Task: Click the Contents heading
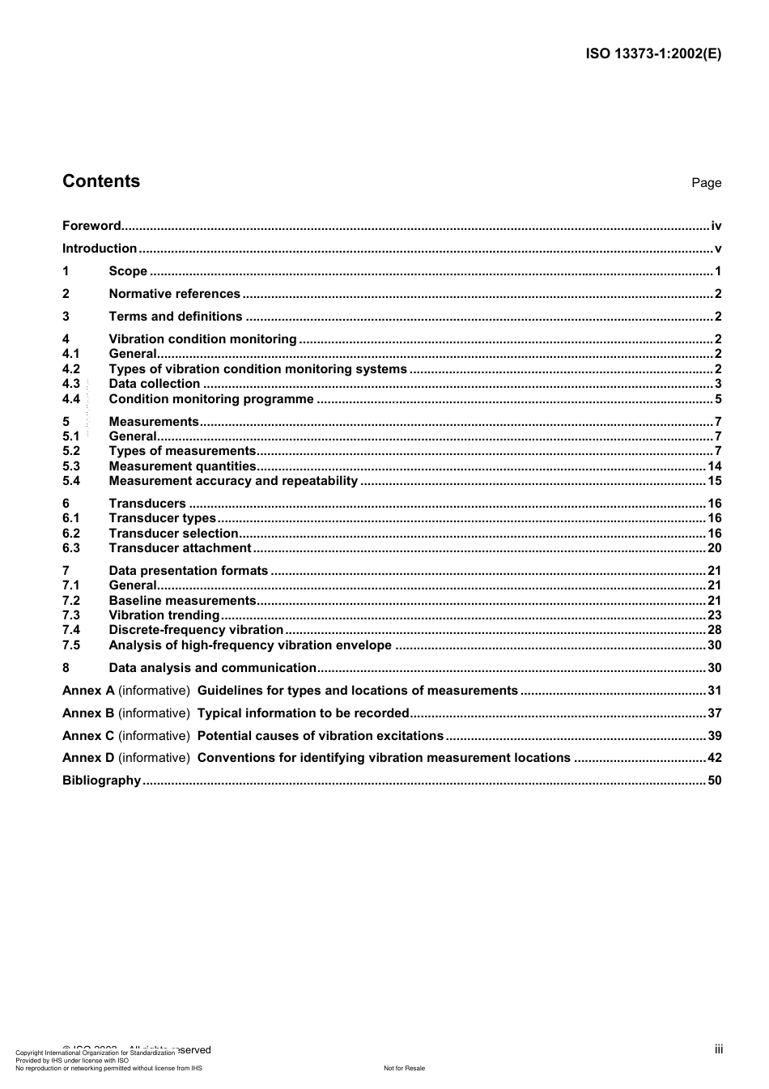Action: tap(101, 181)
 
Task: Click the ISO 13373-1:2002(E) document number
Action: tap(653, 54)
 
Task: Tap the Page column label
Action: tap(706, 183)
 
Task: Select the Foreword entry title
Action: tap(91, 226)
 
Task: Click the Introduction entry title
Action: tap(100, 249)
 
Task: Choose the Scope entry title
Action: tap(128, 271)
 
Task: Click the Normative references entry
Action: tap(174, 294)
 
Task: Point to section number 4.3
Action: tap(71, 384)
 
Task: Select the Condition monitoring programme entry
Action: tap(211, 399)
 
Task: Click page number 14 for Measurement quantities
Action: tap(714, 466)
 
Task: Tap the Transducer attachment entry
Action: tap(180, 548)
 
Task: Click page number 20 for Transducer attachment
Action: tap(714, 548)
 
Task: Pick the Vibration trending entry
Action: tap(164, 615)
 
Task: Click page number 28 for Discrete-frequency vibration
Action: tap(714, 630)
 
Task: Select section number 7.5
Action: tap(71, 645)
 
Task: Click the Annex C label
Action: tap(88, 736)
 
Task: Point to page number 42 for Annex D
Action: tap(714, 758)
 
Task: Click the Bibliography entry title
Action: tap(101, 781)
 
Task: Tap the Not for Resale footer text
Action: tap(404, 1068)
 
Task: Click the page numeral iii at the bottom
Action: tap(718, 1049)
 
